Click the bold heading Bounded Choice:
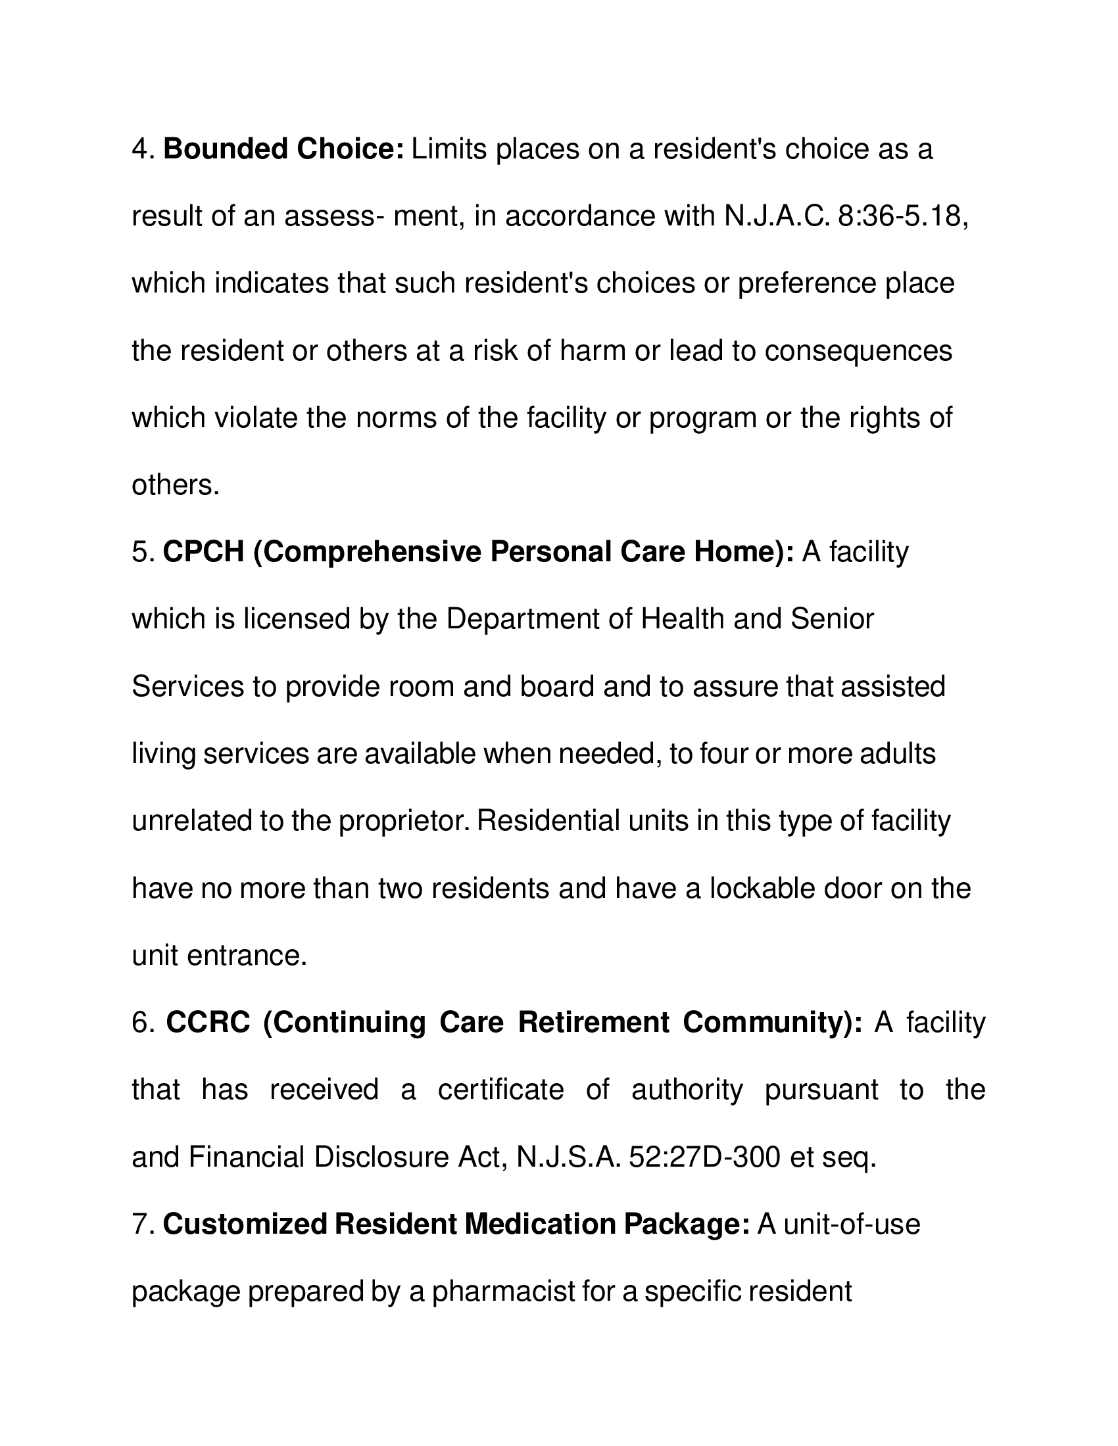[283, 150]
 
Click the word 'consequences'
[858, 351]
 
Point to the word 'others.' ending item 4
[176, 485]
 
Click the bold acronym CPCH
[203, 552]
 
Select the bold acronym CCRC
[208, 1022]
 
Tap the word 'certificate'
[500, 1090]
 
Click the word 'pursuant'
[821, 1090]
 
